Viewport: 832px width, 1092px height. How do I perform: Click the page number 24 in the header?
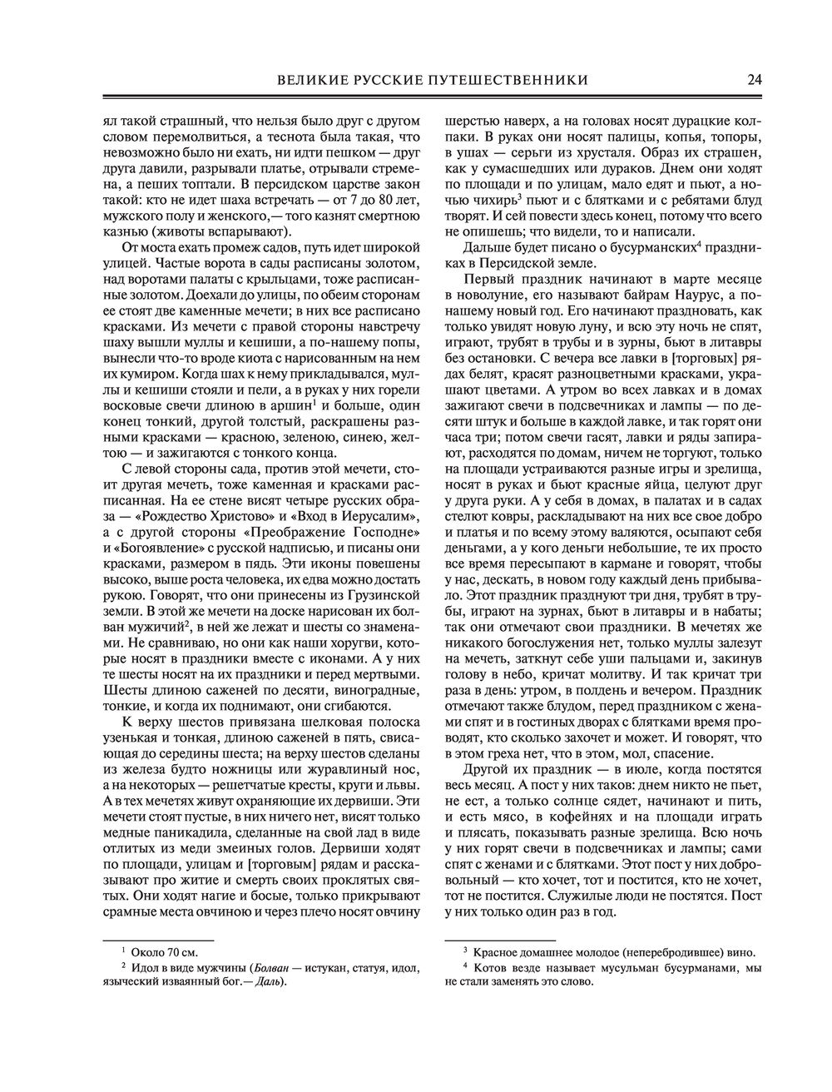[x=755, y=80]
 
